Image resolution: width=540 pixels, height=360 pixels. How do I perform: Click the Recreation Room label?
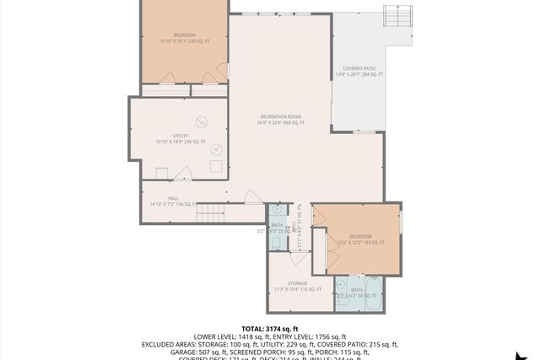tap(281, 120)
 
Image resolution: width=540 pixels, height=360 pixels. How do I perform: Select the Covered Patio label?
tap(359, 72)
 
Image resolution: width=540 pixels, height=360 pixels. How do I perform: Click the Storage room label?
tap(297, 287)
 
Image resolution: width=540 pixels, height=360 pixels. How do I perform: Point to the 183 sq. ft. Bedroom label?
tap(360, 239)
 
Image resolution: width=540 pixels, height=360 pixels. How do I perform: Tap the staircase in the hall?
tap(212, 213)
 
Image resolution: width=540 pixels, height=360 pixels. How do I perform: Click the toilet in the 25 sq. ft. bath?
tap(276, 242)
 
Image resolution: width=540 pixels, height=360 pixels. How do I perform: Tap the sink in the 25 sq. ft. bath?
tap(276, 211)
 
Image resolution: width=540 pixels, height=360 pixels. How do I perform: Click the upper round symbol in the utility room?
tap(202, 121)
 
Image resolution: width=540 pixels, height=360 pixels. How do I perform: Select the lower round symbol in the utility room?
tap(216, 149)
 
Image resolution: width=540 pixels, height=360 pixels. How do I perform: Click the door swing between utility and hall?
tap(186, 174)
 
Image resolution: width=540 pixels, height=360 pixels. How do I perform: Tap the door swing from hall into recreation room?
tap(252, 197)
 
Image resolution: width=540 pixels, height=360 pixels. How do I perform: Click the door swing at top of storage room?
tap(298, 245)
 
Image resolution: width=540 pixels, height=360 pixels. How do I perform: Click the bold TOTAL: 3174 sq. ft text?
tap(270, 329)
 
